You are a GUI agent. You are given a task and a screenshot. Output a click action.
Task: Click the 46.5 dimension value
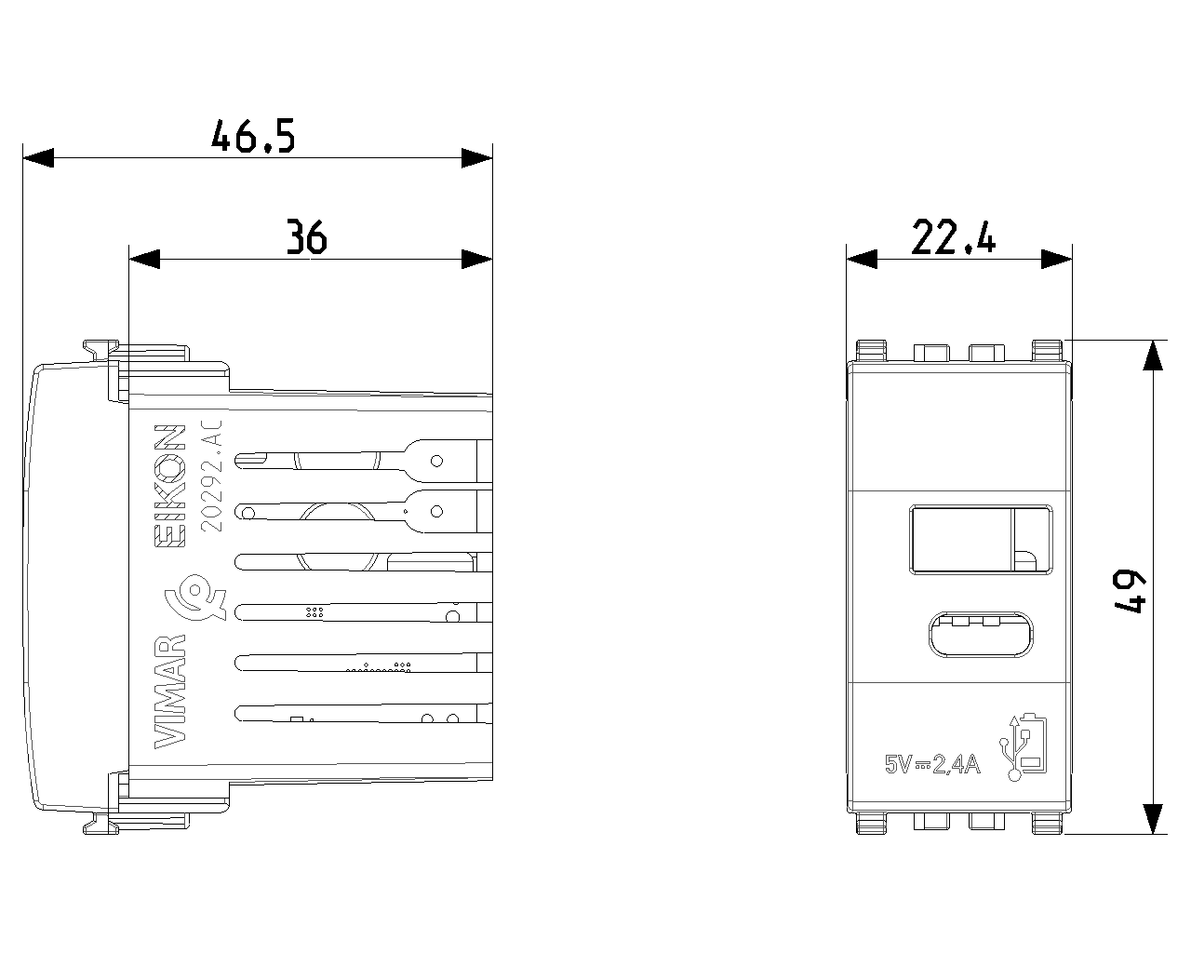[253, 136]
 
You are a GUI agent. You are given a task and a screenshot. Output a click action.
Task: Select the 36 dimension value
[307, 237]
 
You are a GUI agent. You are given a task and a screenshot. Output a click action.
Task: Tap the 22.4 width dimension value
[953, 237]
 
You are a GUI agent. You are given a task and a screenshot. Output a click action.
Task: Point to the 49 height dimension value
[1130, 593]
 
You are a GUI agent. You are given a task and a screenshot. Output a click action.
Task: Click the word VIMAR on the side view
[170, 691]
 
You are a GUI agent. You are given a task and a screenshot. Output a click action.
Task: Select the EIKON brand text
[169, 486]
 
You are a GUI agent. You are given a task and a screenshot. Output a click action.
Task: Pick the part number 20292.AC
[211, 476]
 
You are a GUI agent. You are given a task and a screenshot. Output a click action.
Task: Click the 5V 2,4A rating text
[932, 765]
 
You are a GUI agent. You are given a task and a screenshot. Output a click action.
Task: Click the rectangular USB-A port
[981, 539]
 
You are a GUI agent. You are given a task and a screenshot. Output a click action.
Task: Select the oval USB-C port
[981, 635]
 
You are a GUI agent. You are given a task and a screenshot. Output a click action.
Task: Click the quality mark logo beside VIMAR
[195, 597]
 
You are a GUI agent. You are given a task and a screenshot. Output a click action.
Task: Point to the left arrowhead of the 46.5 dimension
[38, 158]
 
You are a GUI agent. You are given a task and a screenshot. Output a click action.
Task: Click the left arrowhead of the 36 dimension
[144, 259]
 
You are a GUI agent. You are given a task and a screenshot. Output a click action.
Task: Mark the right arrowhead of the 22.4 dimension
[1056, 259]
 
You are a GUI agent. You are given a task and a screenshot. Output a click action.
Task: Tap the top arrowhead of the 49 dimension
[1153, 355]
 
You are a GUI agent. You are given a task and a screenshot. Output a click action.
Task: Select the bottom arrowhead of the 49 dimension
[1153, 818]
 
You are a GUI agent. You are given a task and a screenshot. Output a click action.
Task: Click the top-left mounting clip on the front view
[871, 351]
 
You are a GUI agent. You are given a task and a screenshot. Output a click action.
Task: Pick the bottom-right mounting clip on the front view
[1047, 824]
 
